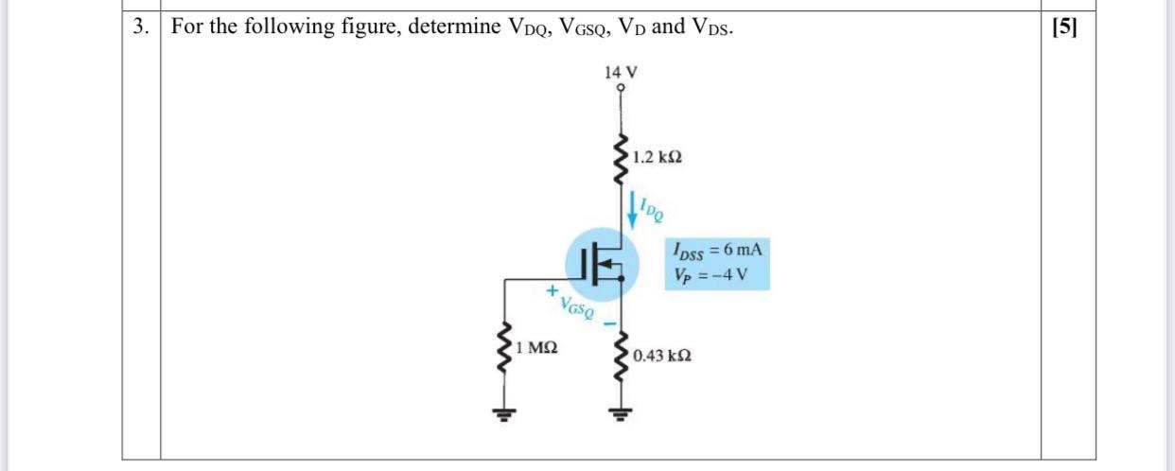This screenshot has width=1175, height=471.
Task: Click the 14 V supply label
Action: point(621,72)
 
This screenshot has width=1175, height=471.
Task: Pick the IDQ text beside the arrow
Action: point(651,207)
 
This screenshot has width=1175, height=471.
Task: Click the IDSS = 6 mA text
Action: point(716,251)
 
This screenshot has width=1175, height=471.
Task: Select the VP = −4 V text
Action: point(711,275)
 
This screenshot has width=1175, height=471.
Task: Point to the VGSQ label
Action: point(577,306)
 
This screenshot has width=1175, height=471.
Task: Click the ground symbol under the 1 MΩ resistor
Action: point(504,412)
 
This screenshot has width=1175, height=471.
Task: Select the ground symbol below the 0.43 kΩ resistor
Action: point(621,412)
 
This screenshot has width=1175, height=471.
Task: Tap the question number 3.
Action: point(140,26)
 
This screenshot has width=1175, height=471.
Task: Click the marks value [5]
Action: point(1064,26)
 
